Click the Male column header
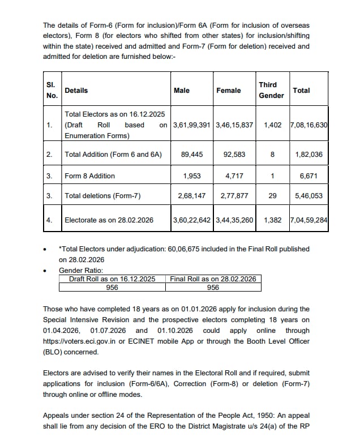182,91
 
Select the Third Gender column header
271,90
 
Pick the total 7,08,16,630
308,125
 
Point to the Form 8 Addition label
89,176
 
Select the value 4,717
234,176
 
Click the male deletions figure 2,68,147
192,196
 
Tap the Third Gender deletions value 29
272,196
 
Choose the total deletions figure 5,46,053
309,196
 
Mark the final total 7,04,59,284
308,220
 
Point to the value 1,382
272,220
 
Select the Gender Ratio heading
81,271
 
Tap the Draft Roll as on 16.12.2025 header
112,279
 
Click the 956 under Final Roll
213,287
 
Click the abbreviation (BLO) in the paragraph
53,352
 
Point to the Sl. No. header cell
52,90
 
